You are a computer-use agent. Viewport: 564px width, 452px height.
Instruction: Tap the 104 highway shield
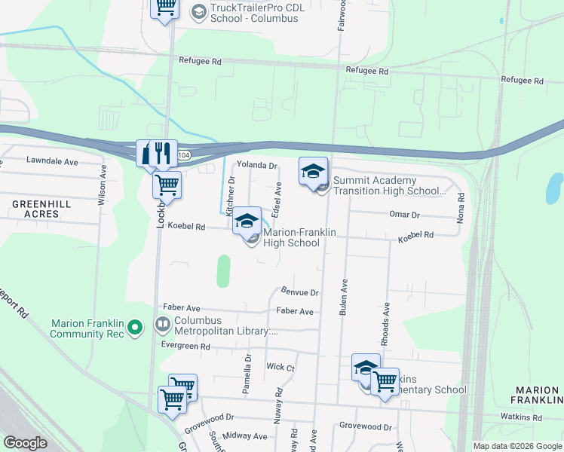pos(185,154)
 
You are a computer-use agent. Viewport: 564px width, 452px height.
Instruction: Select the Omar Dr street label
pos(404,215)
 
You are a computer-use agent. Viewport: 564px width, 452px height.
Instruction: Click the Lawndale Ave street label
pos(52,161)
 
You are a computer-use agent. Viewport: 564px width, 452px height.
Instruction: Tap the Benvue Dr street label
pos(300,292)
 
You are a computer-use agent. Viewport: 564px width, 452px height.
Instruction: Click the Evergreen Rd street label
pos(185,347)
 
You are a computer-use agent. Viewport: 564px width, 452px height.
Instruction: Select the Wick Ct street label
pos(280,367)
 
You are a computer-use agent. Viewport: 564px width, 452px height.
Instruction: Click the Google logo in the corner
pos(25,443)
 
